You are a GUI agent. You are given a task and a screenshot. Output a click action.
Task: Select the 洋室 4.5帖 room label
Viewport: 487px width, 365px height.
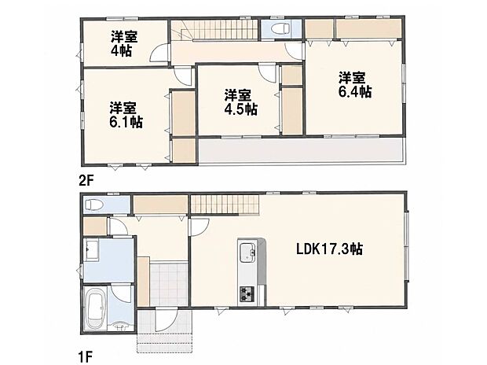tap(240, 102)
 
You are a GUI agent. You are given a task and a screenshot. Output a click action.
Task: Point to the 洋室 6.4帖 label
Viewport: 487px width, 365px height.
tap(354, 85)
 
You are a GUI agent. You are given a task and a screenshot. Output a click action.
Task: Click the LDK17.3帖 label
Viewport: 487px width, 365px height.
tap(329, 249)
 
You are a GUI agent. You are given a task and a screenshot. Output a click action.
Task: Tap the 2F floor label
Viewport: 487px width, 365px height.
tap(86, 180)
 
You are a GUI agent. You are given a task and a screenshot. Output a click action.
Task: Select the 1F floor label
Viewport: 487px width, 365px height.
tap(86, 357)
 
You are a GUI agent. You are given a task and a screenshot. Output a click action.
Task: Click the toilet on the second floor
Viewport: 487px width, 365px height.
tap(280, 28)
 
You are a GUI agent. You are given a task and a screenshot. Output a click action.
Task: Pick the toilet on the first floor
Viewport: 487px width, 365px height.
tap(94, 205)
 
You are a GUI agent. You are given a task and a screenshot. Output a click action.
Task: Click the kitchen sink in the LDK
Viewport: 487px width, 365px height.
tap(248, 252)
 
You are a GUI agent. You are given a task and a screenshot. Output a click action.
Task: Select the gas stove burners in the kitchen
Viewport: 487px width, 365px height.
tap(247, 294)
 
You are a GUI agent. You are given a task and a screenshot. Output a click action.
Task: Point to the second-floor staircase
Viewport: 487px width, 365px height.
tap(214, 30)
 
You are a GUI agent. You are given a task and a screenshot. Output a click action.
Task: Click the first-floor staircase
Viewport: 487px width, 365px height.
tap(225, 205)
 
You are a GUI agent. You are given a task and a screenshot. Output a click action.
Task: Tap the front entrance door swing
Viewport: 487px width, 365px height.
tap(167, 320)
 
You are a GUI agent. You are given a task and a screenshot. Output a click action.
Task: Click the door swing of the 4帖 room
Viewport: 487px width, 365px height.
tap(159, 53)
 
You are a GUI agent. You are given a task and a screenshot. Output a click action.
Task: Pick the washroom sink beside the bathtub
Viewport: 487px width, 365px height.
tap(122, 326)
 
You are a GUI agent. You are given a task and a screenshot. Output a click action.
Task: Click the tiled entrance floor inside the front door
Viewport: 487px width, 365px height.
tap(169, 285)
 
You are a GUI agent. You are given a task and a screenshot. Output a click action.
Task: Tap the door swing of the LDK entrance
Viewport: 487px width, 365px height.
tap(200, 228)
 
